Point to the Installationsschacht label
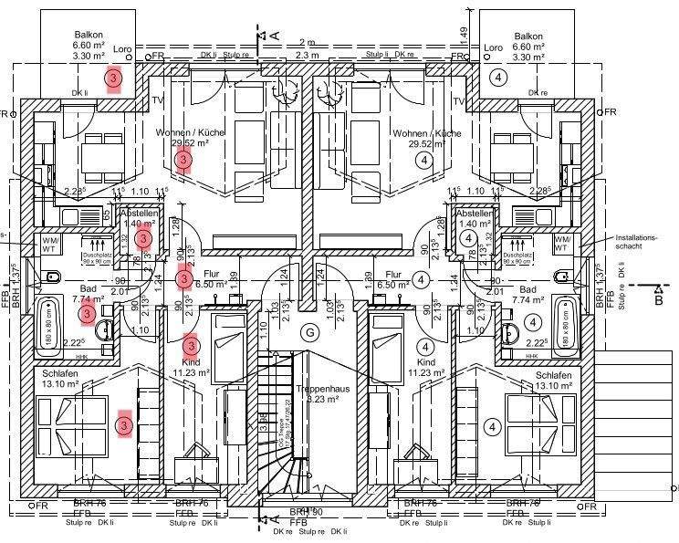(636, 241)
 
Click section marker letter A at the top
(274, 34)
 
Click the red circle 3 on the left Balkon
(113, 79)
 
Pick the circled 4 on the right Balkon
(498, 78)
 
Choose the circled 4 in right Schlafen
(491, 426)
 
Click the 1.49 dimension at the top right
(464, 33)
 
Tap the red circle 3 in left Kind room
(216, 345)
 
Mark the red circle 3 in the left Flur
(184, 278)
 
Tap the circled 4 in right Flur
(422, 279)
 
